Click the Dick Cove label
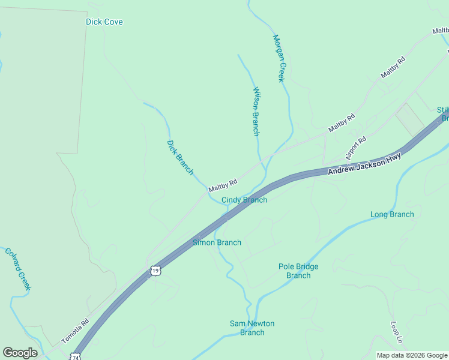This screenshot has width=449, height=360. click(x=104, y=22)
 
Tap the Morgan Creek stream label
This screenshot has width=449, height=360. click(x=278, y=58)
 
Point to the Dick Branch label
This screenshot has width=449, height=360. click(x=179, y=157)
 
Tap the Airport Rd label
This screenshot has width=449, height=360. click(x=356, y=148)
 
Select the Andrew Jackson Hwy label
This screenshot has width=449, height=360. click(x=364, y=166)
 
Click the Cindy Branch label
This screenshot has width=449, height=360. click(x=244, y=200)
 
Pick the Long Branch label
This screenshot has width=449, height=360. click(x=392, y=214)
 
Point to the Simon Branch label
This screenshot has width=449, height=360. click(x=217, y=242)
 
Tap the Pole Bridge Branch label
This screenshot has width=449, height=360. click(x=298, y=271)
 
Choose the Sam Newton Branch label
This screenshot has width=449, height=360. click(x=252, y=328)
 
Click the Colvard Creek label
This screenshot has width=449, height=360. click(x=18, y=269)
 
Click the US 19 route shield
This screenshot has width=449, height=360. click(x=155, y=271)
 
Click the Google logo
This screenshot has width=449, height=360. click(x=20, y=352)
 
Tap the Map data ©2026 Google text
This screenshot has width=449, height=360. click(x=412, y=355)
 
